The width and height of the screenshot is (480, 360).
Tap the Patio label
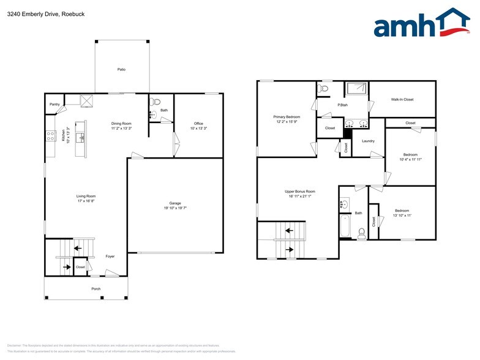[x=121, y=70]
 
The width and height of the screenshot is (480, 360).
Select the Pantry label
[x=54, y=105]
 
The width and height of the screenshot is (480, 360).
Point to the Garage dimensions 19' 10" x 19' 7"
[x=174, y=208]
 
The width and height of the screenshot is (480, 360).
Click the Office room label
[x=198, y=124]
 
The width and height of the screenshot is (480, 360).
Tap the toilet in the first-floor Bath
[x=155, y=102]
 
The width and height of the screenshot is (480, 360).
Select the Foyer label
[x=110, y=256]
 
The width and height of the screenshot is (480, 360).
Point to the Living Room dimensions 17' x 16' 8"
[x=86, y=201]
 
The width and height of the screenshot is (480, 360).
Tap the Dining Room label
[x=121, y=124]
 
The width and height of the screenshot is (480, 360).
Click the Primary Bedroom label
[x=287, y=116]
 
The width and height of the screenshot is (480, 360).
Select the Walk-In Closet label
[x=402, y=99]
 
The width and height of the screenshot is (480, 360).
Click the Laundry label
[x=368, y=141]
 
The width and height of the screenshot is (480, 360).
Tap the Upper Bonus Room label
[x=299, y=192]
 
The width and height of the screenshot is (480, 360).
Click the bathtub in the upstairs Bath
[x=344, y=227]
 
